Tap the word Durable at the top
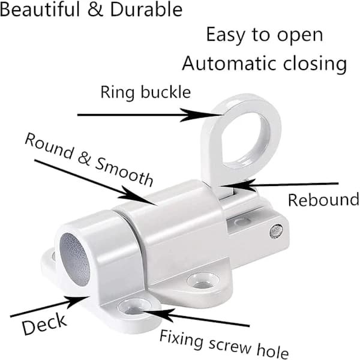pos(146,10)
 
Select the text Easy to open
pos(265,35)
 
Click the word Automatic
pos(229,64)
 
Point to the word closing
pos(315,64)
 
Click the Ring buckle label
pos(146,92)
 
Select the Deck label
pos(44,324)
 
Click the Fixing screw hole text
pos(224,345)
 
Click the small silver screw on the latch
pos(276,231)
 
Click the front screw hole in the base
pos(135,307)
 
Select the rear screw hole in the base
pos(203,281)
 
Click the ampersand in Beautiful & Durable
pos(95,10)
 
